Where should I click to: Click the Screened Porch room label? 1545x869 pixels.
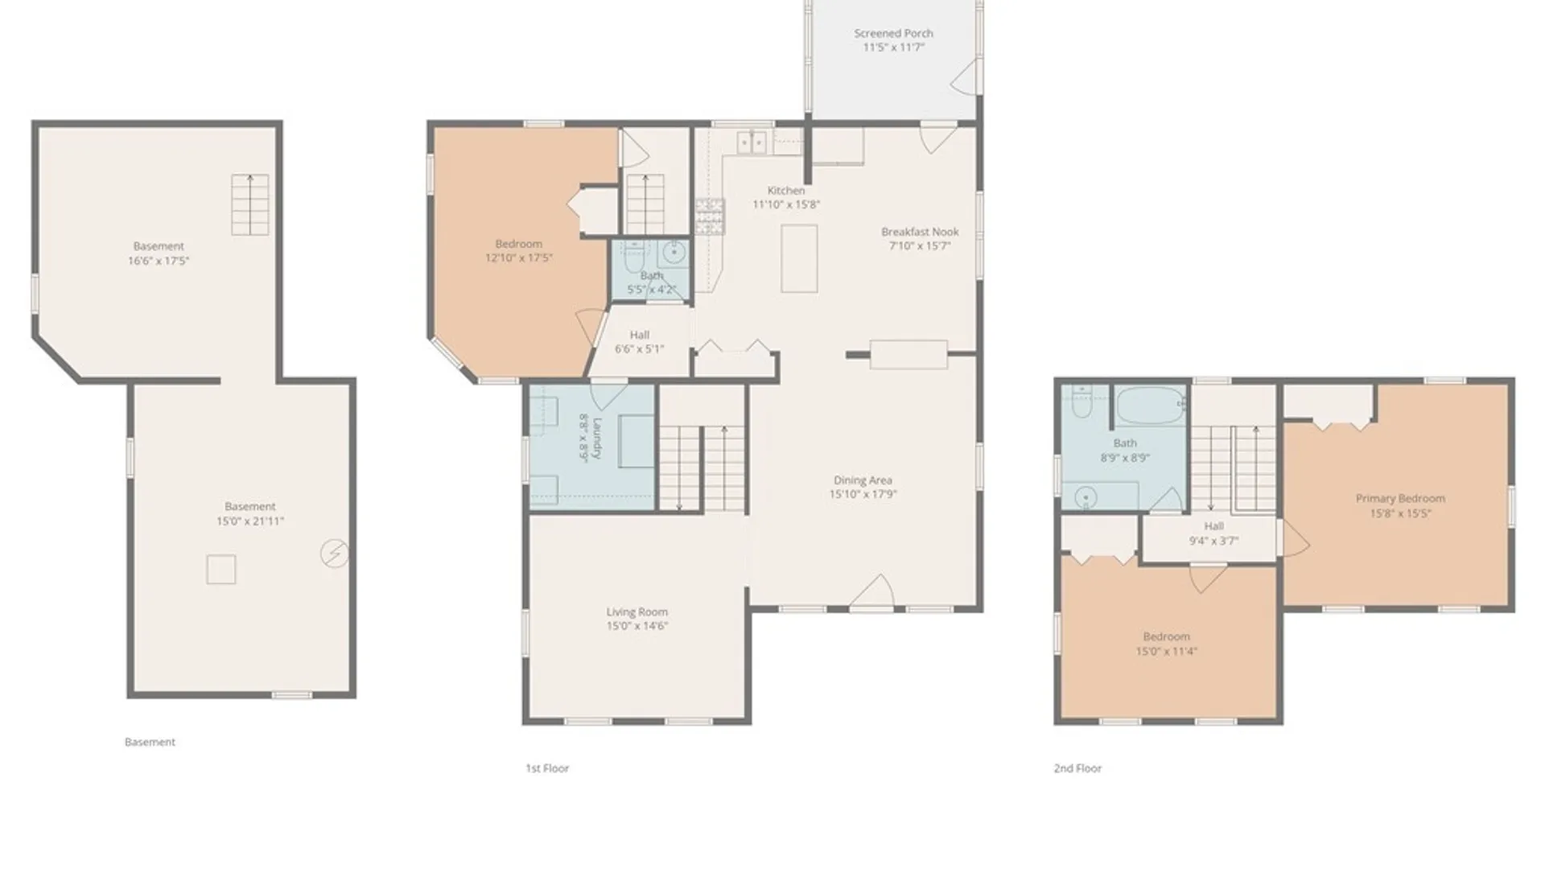[893, 40]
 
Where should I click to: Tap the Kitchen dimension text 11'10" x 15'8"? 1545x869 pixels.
[786, 204]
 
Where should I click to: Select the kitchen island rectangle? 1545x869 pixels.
[799, 258]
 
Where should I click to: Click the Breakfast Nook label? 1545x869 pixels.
[920, 239]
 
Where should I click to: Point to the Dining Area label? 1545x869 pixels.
[863, 487]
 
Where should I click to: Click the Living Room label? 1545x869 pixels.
[637, 619]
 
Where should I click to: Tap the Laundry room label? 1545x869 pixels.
[590, 438]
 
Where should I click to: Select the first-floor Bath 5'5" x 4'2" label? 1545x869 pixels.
[652, 282]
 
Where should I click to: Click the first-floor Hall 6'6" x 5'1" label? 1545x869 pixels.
[640, 341]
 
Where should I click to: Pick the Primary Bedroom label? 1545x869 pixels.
[1400, 505]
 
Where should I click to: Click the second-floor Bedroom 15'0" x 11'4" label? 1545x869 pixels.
[1166, 644]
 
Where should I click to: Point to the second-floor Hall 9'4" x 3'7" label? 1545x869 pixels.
[1213, 533]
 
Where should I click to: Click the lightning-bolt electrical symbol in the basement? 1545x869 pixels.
[335, 553]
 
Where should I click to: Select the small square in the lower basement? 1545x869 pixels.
[221, 570]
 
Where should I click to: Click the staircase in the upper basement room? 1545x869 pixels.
[249, 204]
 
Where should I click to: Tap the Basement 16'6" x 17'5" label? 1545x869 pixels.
[159, 253]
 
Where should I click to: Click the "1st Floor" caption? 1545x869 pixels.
[547, 768]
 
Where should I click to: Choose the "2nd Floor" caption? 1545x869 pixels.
[1077, 768]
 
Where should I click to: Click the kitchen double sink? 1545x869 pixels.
[752, 142]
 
